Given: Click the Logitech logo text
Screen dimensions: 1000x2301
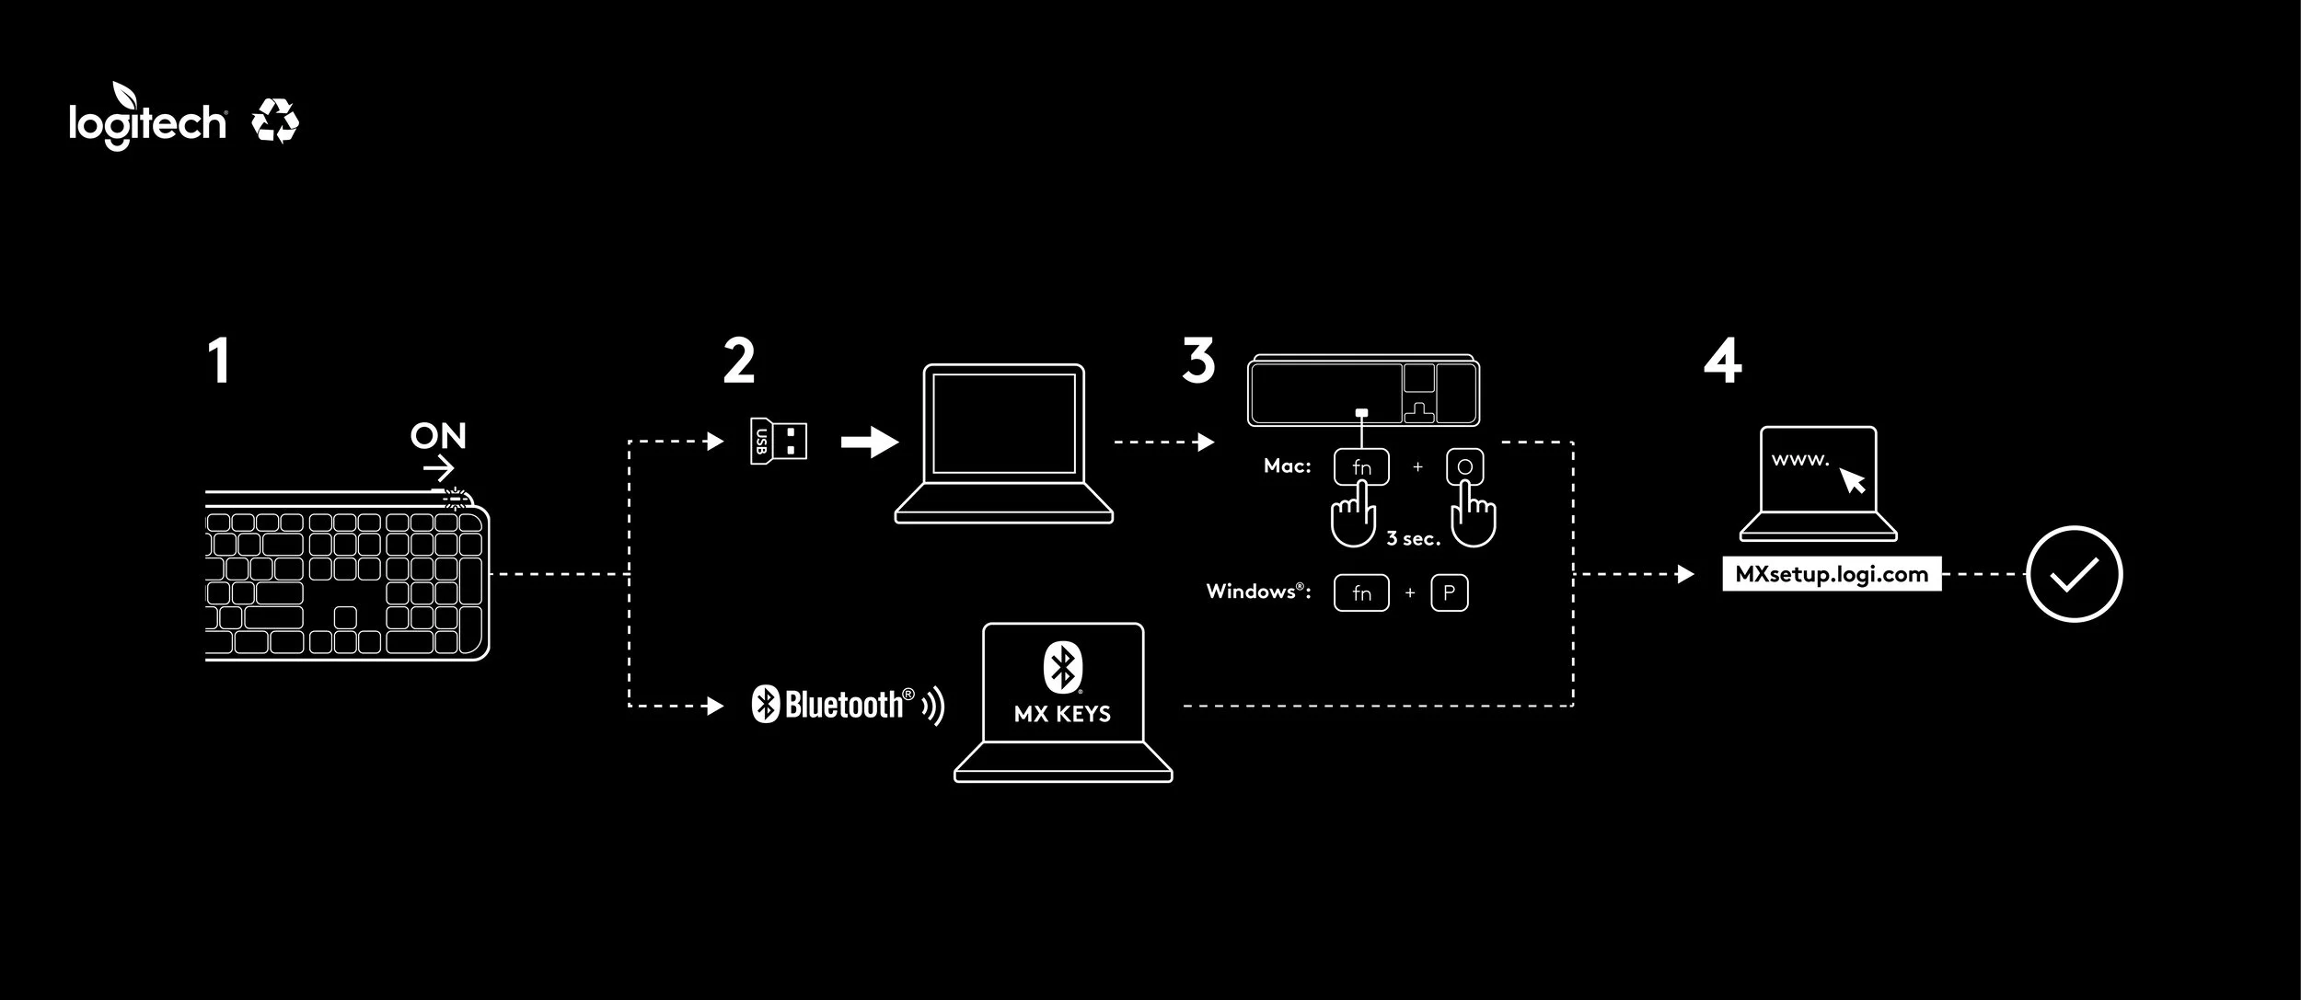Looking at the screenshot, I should point(147,122).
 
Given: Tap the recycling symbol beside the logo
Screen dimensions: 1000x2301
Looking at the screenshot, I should point(275,121).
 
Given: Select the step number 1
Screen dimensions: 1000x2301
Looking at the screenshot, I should point(218,362).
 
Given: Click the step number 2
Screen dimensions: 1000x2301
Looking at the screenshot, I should point(739,362).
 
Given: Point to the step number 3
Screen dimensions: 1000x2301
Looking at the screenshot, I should point(1198,361).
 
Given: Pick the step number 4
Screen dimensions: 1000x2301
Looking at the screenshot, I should point(1722,362).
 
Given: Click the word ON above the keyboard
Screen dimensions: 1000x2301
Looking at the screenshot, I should point(438,436).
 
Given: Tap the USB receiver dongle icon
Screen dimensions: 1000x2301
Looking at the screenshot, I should point(779,441).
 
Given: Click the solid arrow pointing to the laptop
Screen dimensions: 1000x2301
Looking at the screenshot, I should point(870,442).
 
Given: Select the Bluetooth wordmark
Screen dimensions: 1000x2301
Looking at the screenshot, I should point(843,705).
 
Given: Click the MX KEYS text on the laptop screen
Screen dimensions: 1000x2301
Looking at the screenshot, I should point(1062,714).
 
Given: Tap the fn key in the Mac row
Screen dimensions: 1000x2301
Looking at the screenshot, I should point(1361,467).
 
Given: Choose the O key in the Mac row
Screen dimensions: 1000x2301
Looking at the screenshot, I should point(1464,467).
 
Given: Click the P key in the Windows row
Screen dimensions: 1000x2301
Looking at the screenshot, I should point(1449,593).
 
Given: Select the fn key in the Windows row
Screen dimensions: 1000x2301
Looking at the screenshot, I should point(1361,593).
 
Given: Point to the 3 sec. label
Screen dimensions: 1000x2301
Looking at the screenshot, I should point(1413,539).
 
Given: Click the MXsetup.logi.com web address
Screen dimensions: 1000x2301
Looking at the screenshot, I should point(1832,574).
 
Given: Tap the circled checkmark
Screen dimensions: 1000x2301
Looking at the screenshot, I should point(2075,574).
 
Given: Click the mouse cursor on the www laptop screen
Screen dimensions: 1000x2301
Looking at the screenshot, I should point(1852,479).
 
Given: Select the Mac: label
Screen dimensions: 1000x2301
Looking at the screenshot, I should point(1287,466).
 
